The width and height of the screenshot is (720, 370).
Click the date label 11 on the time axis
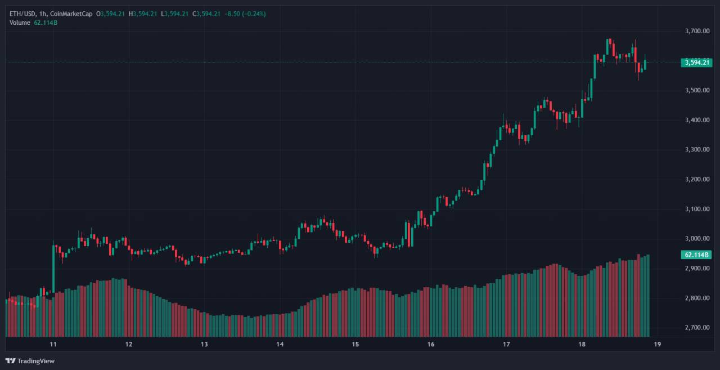coord(53,345)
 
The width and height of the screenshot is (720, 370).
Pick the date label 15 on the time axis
coord(355,345)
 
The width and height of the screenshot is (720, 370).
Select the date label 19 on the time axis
coord(657,345)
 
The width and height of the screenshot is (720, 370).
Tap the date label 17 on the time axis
coord(506,345)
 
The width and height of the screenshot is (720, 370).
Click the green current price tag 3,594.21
coord(696,63)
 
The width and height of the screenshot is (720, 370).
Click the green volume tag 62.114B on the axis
coord(696,255)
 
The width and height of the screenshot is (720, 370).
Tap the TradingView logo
coord(30,361)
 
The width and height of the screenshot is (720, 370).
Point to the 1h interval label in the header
coord(44,14)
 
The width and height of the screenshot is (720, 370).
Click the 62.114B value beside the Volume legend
coord(47,23)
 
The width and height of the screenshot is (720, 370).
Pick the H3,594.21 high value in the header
coord(143,14)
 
